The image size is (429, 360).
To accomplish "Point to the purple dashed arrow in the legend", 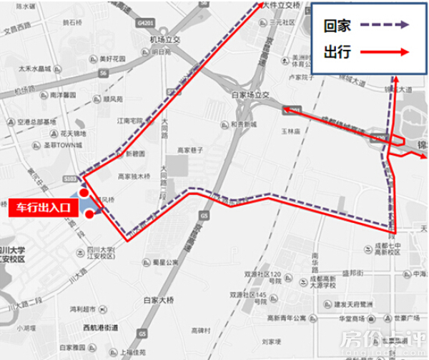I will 386,25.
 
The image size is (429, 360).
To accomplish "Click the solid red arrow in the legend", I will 386,51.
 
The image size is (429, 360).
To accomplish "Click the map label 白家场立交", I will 249,94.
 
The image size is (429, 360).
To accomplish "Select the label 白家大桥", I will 159,301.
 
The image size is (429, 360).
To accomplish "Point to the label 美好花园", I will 112,58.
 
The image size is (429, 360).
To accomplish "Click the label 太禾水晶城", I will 34,69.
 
